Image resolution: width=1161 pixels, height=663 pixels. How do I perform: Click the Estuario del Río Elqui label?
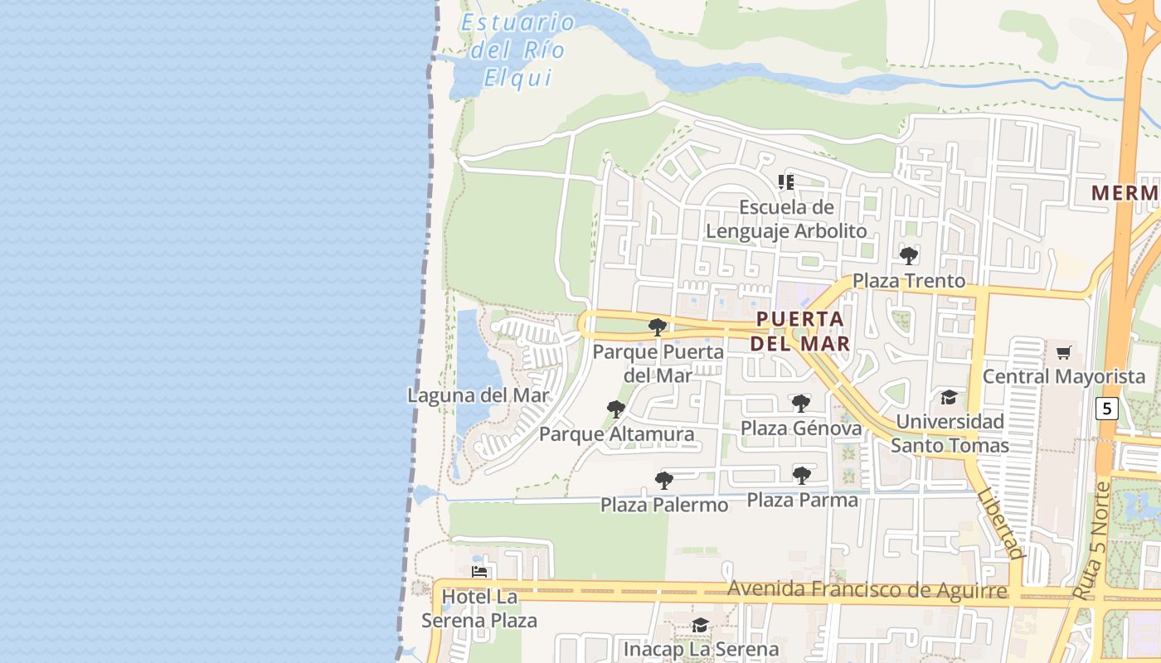tap(517, 50)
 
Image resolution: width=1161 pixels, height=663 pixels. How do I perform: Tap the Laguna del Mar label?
tap(478, 395)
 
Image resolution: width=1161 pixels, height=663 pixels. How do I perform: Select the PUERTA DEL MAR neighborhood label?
tap(800, 331)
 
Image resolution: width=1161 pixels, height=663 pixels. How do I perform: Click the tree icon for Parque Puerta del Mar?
tap(658, 327)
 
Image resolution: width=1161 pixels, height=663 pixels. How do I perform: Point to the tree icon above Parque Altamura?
tap(615, 409)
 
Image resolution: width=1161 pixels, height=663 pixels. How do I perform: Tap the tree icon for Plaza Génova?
tap(800, 404)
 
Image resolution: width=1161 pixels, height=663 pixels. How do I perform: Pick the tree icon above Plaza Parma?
tap(801, 476)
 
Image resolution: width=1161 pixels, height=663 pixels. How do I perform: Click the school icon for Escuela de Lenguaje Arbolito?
tap(786, 181)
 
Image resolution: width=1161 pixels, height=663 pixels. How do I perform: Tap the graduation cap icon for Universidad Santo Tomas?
tap(949, 398)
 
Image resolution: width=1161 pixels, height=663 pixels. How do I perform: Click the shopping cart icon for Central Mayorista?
tap(1064, 353)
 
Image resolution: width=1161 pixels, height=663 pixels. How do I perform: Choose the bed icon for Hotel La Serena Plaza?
tap(479, 572)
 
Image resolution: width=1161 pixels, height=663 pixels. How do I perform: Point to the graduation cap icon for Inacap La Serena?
tap(701, 626)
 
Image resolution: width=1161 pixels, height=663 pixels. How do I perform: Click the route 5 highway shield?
tap(1106, 409)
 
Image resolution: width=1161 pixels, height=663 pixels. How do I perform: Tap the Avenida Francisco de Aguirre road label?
tap(867, 590)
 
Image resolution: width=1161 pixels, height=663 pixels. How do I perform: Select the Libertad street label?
tap(1002, 522)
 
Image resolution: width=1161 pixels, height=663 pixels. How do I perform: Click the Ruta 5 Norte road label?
tap(1091, 540)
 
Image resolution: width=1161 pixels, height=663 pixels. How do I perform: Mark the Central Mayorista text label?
tap(1064, 377)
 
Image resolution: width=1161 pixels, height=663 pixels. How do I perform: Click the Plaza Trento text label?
tap(909, 281)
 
